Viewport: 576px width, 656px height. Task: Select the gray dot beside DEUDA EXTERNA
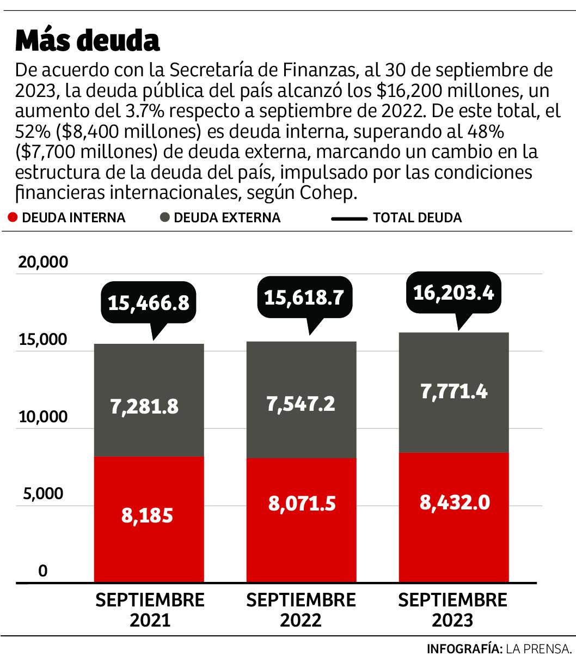[x=164, y=218]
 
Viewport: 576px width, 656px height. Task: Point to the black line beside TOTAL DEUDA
[x=349, y=218]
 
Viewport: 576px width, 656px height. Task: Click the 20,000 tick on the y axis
[x=44, y=262]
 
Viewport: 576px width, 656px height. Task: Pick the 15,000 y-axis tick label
[x=44, y=340]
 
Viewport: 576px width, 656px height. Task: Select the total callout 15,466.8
[x=148, y=303]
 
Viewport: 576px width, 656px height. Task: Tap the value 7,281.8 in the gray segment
[x=144, y=406]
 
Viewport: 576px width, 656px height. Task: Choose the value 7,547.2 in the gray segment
[x=301, y=404]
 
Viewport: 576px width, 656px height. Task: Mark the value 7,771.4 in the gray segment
[x=454, y=391]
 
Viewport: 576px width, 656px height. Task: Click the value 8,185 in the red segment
[x=147, y=515]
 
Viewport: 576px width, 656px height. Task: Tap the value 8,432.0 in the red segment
[x=454, y=502]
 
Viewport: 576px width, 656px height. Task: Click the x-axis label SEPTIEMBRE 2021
[x=150, y=610]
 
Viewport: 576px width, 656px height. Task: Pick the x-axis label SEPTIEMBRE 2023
[x=452, y=610]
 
